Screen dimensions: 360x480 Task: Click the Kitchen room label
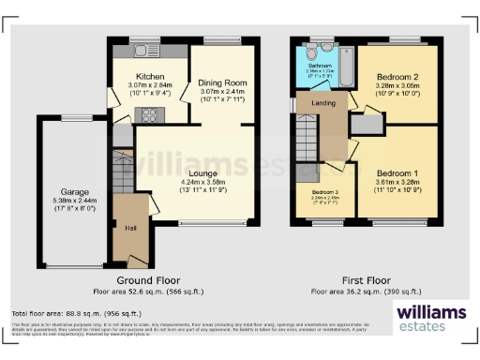(x=150, y=75)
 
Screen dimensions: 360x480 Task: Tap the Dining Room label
(x=222, y=82)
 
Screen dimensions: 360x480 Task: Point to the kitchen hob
(x=149, y=115)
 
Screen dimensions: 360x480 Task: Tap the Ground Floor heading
(x=147, y=279)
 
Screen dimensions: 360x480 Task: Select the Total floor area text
(x=70, y=312)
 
